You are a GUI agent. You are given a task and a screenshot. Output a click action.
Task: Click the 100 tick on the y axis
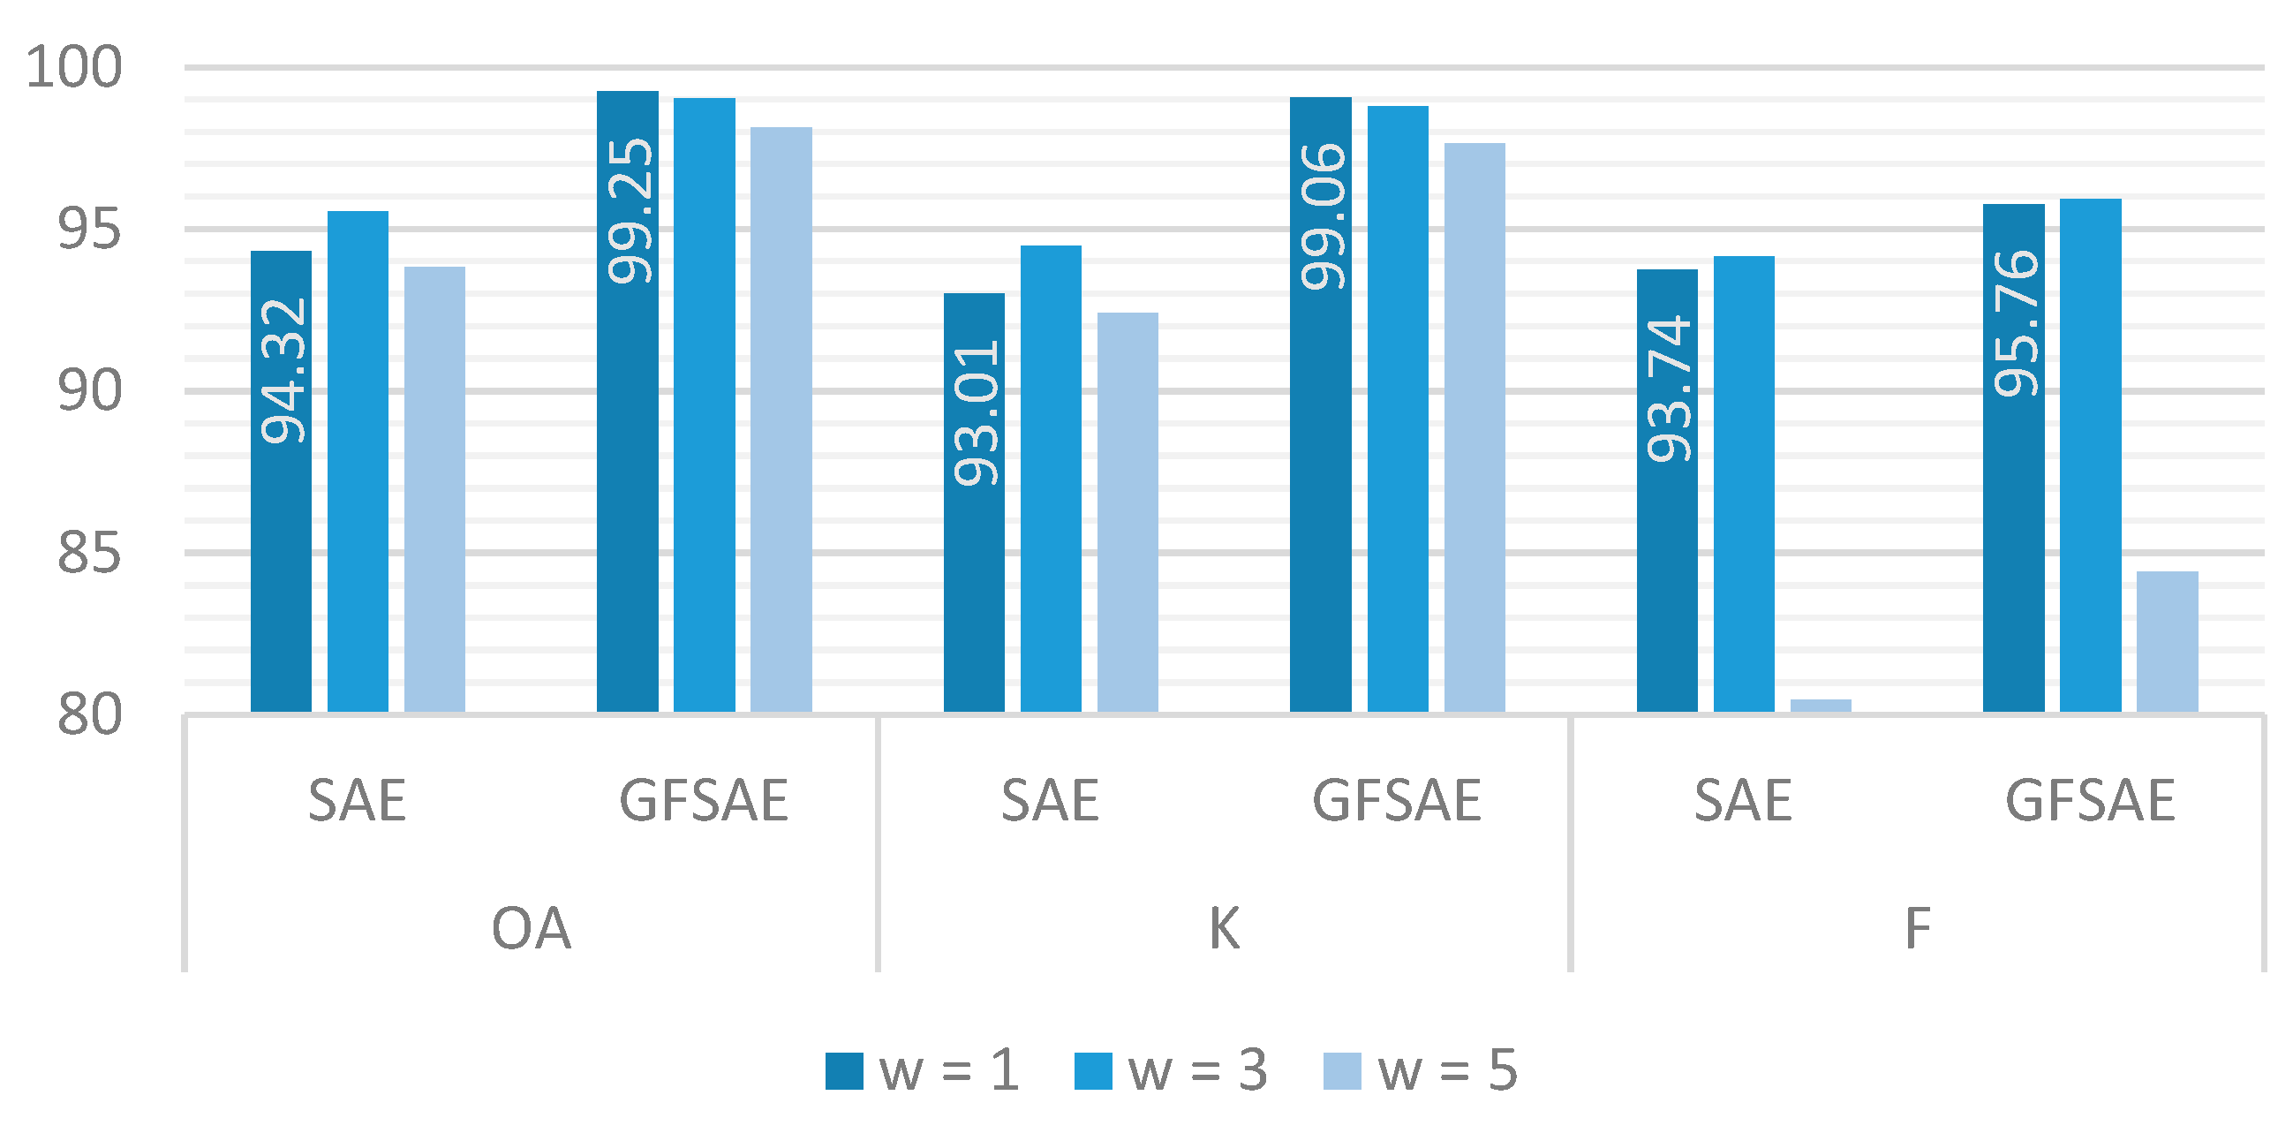(x=74, y=68)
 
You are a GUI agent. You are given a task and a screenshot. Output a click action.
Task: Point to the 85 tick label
(x=88, y=554)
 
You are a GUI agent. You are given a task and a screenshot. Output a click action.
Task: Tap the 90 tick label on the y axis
(x=88, y=391)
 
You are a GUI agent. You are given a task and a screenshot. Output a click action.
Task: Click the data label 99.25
(x=630, y=211)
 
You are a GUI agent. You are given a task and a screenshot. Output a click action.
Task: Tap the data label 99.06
(x=1323, y=216)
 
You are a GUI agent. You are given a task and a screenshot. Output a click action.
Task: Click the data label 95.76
(x=2015, y=324)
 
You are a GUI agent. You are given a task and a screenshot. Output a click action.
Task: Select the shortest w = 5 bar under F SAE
(x=1821, y=706)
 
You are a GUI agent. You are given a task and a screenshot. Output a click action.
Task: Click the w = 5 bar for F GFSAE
(x=2167, y=642)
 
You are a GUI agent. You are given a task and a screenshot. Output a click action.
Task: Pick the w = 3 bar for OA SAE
(x=358, y=462)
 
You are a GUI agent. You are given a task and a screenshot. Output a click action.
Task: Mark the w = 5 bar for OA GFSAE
(x=781, y=419)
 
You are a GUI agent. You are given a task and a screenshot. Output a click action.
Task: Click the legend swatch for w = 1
(x=844, y=1070)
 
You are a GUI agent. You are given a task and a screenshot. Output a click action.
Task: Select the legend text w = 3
(x=1197, y=1070)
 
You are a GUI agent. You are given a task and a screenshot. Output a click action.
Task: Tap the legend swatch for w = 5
(x=1342, y=1070)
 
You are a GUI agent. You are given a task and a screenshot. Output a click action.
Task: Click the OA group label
(x=531, y=928)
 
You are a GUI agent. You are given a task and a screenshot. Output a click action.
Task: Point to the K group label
(x=1224, y=928)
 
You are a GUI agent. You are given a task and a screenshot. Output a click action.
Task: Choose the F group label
(x=1918, y=928)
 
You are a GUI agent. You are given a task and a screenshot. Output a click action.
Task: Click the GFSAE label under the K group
(x=1397, y=800)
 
